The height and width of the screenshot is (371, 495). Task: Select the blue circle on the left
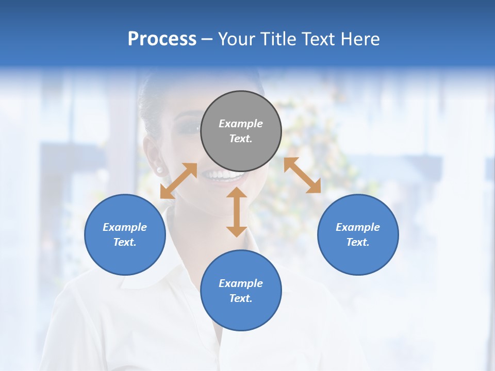click(x=125, y=234)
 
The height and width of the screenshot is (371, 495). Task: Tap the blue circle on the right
click(x=358, y=234)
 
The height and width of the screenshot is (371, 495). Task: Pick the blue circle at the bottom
click(x=241, y=291)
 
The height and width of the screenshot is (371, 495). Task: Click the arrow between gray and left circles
click(x=178, y=181)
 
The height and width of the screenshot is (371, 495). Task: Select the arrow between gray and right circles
click(x=302, y=176)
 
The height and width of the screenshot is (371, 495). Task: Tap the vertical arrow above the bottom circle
click(x=237, y=212)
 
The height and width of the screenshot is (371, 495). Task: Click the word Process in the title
click(x=162, y=39)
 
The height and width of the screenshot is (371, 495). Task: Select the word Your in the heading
click(x=235, y=39)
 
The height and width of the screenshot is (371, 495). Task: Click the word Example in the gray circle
click(x=241, y=124)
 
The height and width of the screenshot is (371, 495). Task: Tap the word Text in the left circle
click(x=124, y=242)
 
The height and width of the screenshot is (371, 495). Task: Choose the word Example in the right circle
click(x=358, y=227)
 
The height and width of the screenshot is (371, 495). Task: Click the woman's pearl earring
click(x=159, y=169)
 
